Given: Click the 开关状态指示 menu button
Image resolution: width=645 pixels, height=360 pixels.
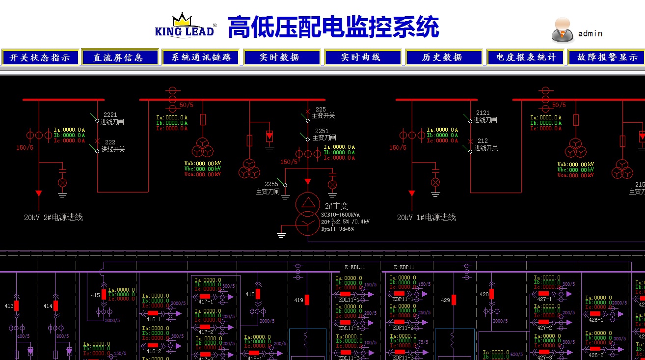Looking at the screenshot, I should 40,57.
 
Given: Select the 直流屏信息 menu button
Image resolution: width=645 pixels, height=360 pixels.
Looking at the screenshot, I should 120,57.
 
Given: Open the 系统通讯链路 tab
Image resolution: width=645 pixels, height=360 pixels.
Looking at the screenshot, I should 201,57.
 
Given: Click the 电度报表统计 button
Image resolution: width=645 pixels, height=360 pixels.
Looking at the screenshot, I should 526,57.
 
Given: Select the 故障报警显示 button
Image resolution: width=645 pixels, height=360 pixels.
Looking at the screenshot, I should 607,57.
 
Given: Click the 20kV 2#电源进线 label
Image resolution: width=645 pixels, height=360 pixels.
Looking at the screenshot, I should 54,217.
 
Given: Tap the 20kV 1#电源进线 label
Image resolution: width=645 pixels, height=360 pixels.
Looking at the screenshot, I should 427,217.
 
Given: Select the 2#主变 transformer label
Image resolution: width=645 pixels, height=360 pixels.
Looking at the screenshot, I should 336,206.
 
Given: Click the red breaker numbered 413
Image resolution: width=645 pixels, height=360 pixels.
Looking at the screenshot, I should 16,305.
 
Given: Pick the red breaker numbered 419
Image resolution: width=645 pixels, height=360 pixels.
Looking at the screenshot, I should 307,300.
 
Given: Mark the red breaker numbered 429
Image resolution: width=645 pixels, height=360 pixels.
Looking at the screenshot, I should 454,300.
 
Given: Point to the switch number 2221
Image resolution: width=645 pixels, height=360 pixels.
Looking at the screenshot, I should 110,115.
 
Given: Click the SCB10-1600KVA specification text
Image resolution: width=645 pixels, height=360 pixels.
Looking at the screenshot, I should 340,215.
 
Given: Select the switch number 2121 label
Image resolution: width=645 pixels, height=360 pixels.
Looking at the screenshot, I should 483,113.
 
